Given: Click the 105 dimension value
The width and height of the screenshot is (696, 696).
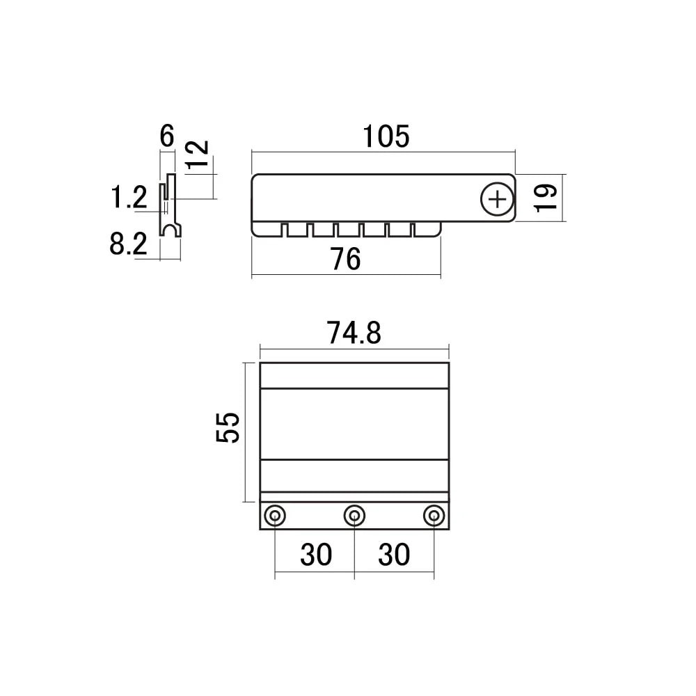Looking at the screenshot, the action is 386,136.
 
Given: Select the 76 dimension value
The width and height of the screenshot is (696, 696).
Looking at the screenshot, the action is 345,259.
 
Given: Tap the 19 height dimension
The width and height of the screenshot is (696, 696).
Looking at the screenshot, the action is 546,198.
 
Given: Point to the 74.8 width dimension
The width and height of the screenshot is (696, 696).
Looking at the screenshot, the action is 354,333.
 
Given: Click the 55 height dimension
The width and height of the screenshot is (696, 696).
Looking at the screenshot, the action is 228,427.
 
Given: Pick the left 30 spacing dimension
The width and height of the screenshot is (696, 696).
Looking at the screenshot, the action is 316,555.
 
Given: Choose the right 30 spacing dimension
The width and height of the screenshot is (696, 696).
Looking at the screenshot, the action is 394,555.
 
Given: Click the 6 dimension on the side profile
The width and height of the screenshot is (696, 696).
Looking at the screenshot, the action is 167,136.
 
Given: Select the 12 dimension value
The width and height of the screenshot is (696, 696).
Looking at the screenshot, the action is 197,155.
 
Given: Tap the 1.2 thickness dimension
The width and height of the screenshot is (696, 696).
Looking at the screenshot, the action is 129,198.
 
